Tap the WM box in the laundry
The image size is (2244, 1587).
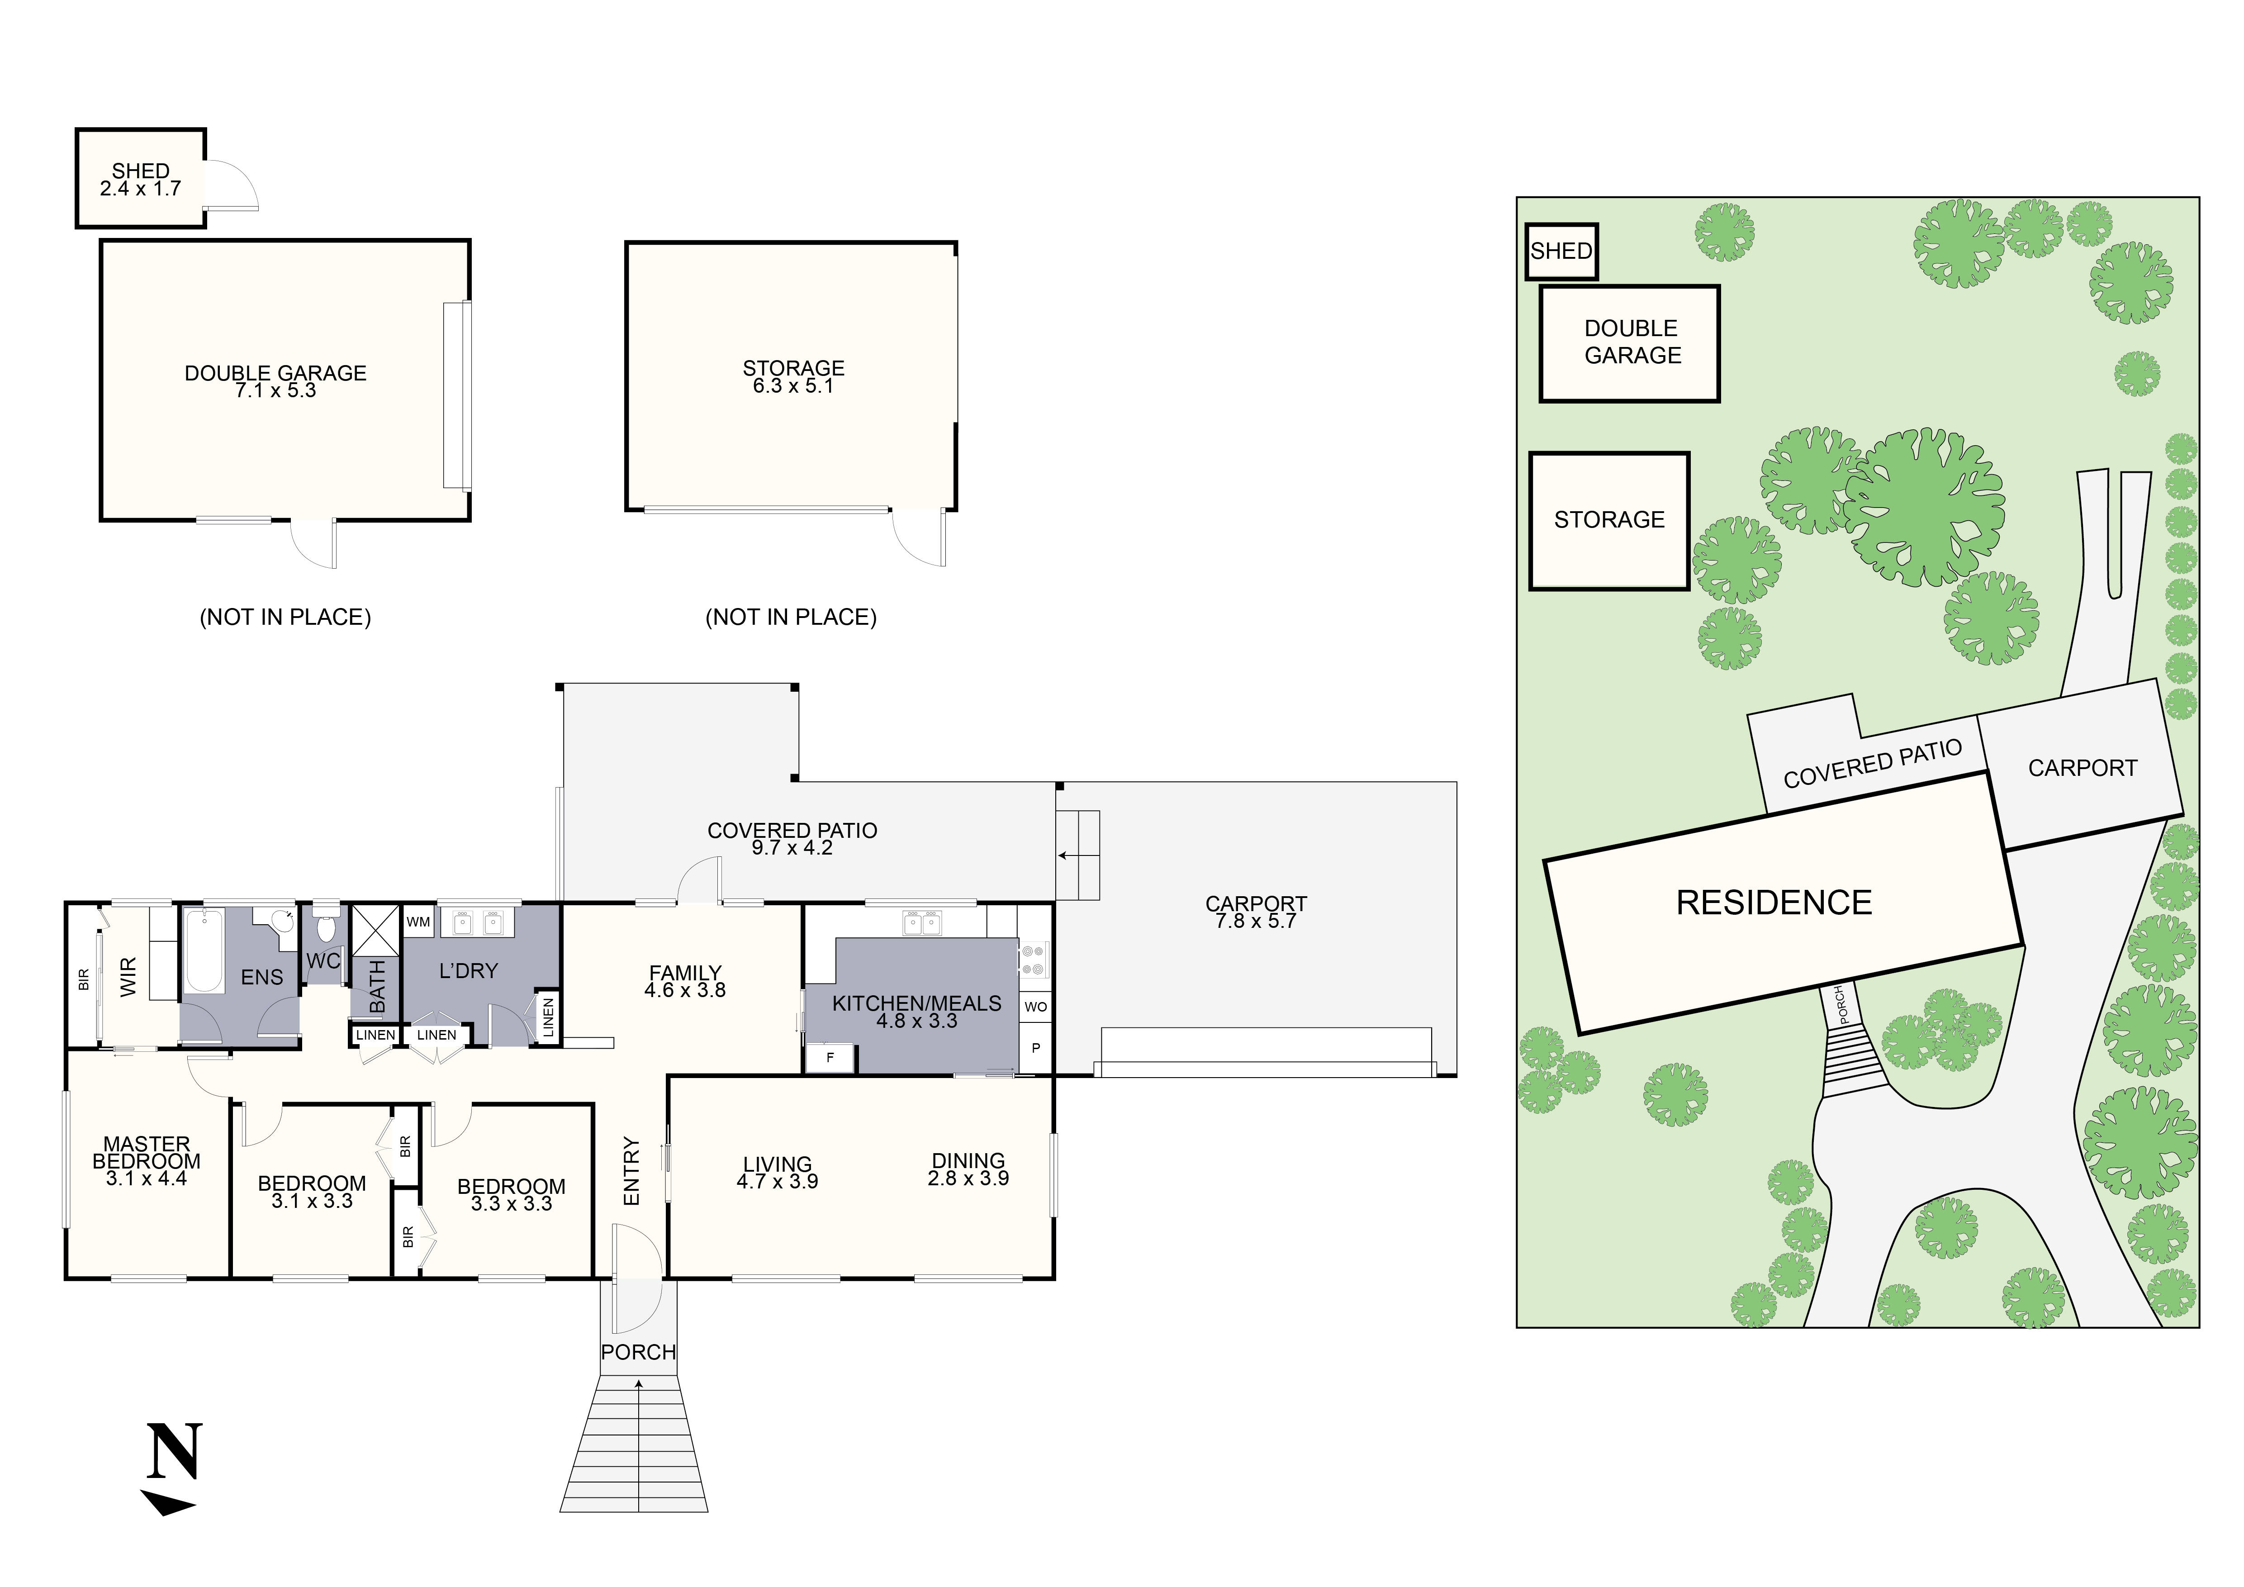click(x=418, y=922)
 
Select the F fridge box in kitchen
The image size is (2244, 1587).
click(x=830, y=1057)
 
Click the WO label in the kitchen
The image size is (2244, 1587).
click(x=1035, y=1007)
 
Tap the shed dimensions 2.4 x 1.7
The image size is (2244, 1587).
click(x=141, y=189)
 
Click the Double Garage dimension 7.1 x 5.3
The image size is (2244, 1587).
click(x=275, y=391)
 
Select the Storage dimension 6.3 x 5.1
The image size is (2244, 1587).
click(x=792, y=386)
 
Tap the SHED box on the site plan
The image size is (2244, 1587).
click(x=1561, y=251)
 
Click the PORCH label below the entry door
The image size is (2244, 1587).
click(x=638, y=1353)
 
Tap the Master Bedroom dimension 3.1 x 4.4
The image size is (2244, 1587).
click(x=147, y=1178)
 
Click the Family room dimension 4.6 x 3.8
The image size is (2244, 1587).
click(x=685, y=990)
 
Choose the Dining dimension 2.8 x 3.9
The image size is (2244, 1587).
click(x=968, y=1178)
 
